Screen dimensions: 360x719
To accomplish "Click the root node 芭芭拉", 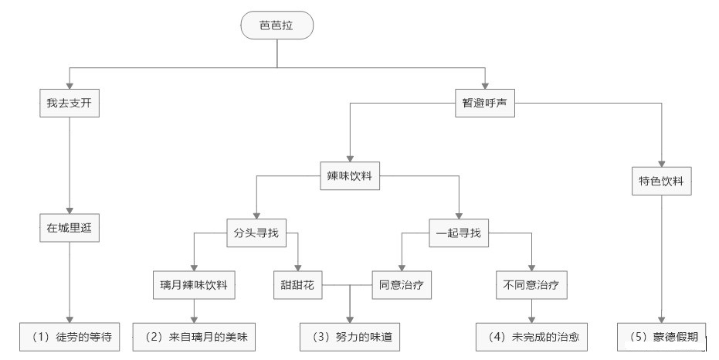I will click(x=276, y=25).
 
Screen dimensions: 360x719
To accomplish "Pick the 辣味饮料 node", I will click(x=349, y=175).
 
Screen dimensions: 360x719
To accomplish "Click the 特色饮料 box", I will click(x=660, y=182).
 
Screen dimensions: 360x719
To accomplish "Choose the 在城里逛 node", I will click(x=70, y=227).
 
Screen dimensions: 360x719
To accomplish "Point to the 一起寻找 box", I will click(x=459, y=233).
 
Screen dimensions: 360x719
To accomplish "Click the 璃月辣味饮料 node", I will click(x=193, y=284).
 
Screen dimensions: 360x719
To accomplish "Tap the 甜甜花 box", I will click(x=297, y=284).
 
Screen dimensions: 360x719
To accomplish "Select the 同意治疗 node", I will click(x=401, y=284).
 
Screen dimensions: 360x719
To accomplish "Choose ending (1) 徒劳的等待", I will click(x=70, y=336).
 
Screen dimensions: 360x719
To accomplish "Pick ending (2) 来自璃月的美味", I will click(x=193, y=336).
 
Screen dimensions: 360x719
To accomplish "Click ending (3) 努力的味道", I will click(x=351, y=336).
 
